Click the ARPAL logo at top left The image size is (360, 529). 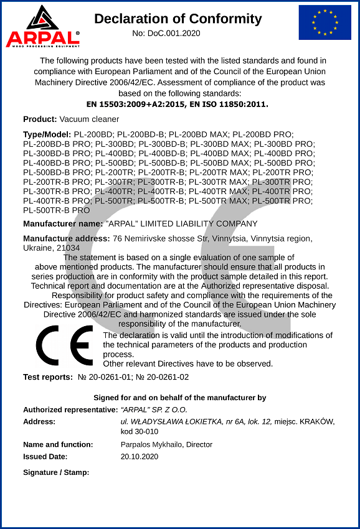[42, 26]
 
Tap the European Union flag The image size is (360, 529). [324, 22]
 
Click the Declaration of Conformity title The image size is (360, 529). [178, 19]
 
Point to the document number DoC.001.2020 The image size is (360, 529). [174, 33]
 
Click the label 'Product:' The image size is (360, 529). [40, 119]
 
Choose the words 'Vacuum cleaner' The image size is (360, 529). [89, 119]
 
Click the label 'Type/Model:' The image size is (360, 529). [47, 134]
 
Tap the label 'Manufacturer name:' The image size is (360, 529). [63, 223]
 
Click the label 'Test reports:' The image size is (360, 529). [48, 377]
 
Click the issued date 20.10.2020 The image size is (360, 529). [140, 456]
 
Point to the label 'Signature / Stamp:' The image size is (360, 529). [56, 472]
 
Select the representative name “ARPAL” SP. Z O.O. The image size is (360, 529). [154, 410]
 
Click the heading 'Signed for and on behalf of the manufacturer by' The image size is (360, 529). [180, 398]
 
